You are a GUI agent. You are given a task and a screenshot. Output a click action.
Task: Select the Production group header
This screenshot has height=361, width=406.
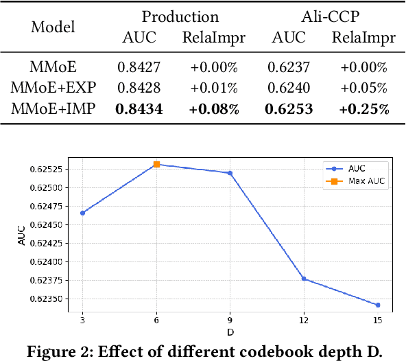click(x=180, y=16)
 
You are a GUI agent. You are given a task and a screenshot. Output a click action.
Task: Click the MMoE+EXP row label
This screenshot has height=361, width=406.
click(x=54, y=88)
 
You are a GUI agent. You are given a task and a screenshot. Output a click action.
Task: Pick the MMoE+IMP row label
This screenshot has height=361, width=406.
click(x=54, y=109)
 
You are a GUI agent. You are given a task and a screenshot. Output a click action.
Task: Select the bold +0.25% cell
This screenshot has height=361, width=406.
click(x=364, y=109)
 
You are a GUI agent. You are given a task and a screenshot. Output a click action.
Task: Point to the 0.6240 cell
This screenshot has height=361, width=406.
click(x=290, y=88)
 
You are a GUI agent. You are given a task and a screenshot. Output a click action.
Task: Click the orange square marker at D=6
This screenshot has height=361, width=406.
click(x=156, y=165)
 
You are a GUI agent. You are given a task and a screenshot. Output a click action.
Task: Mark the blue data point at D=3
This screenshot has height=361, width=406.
click(x=82, y=213)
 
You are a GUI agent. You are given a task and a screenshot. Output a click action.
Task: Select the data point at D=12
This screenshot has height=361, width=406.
click(x=304, y=279)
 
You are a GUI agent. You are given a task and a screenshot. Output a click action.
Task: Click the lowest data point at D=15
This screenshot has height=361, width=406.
click(x=378, y=305)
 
